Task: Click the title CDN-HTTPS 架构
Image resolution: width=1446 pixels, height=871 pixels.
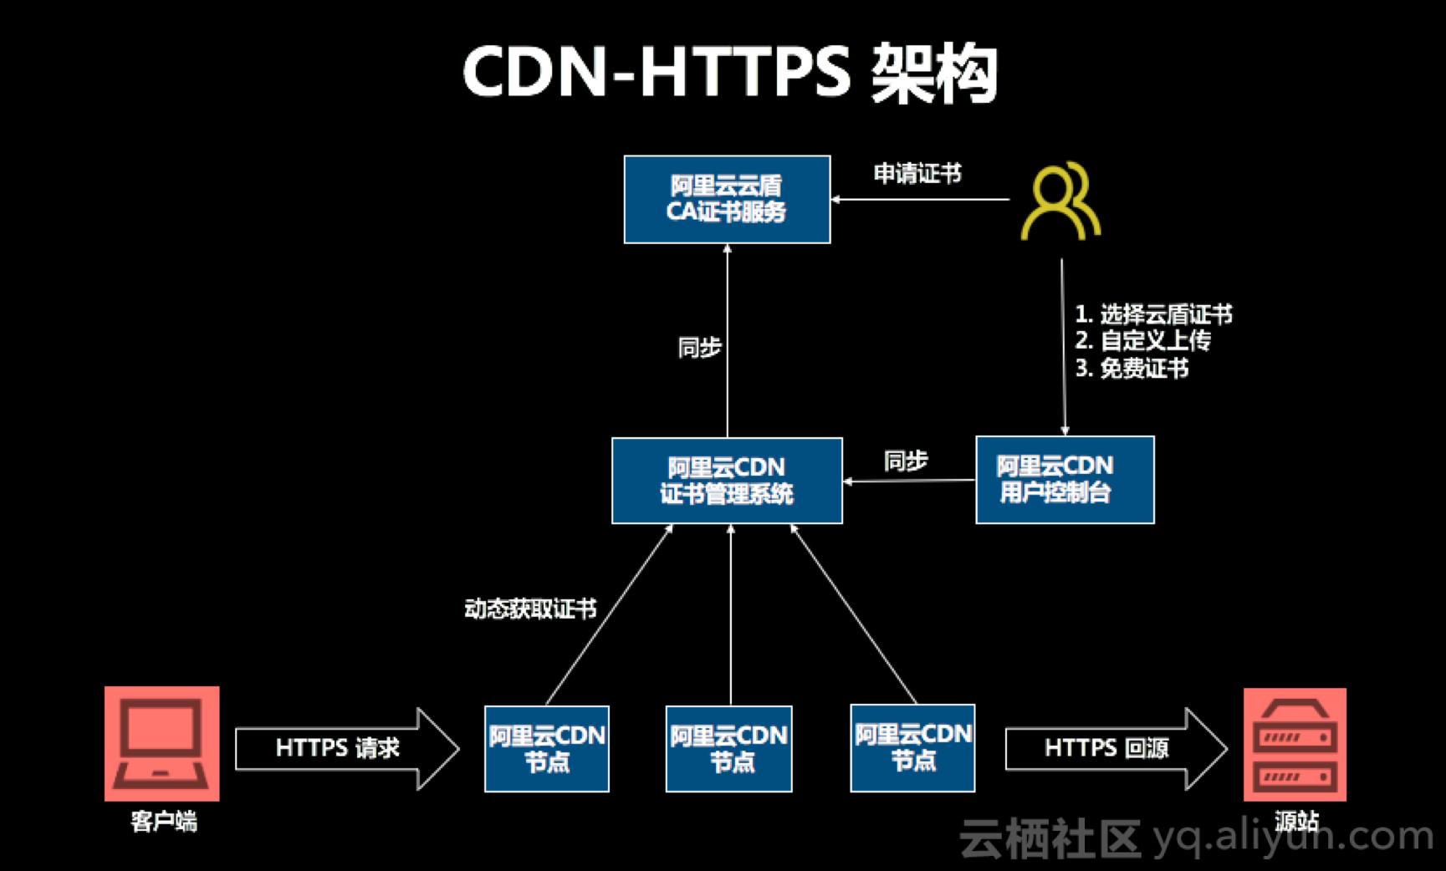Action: (x=729, y=74)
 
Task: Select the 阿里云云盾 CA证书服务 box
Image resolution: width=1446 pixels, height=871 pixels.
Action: (x=727, y=199)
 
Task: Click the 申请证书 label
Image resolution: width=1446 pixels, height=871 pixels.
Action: (x=917, y=174)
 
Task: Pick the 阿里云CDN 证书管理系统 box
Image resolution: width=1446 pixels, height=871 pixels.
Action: (x=727, y=481)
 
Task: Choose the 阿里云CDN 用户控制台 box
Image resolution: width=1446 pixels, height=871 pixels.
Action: (x=1064, y=480)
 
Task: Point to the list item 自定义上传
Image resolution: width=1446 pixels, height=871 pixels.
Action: (x=1154, y=341)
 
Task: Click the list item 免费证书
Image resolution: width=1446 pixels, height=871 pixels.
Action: (x=1142, y=368)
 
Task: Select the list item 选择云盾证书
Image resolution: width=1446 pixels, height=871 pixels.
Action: (x=1164, y=314)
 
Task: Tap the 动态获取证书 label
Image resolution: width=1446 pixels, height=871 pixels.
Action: (x=530, y=609)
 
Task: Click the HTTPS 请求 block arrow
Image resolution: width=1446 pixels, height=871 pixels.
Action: (x=345, y=748)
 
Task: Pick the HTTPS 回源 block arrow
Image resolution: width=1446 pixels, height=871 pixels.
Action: (x=1114, y=748)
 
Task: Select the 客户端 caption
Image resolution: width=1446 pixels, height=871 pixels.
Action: (x=163, y=822)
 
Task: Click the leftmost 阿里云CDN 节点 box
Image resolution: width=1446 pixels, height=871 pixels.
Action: (x=547, y=748)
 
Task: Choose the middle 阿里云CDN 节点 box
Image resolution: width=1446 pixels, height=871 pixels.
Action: (x=728, y=748)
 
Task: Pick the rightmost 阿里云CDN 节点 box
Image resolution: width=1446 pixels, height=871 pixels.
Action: (x=912, y=747)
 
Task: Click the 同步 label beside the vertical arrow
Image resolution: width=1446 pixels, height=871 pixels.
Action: (x=699, y=347)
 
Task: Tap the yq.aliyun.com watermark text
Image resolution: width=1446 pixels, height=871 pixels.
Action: (x=1292, y=836)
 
